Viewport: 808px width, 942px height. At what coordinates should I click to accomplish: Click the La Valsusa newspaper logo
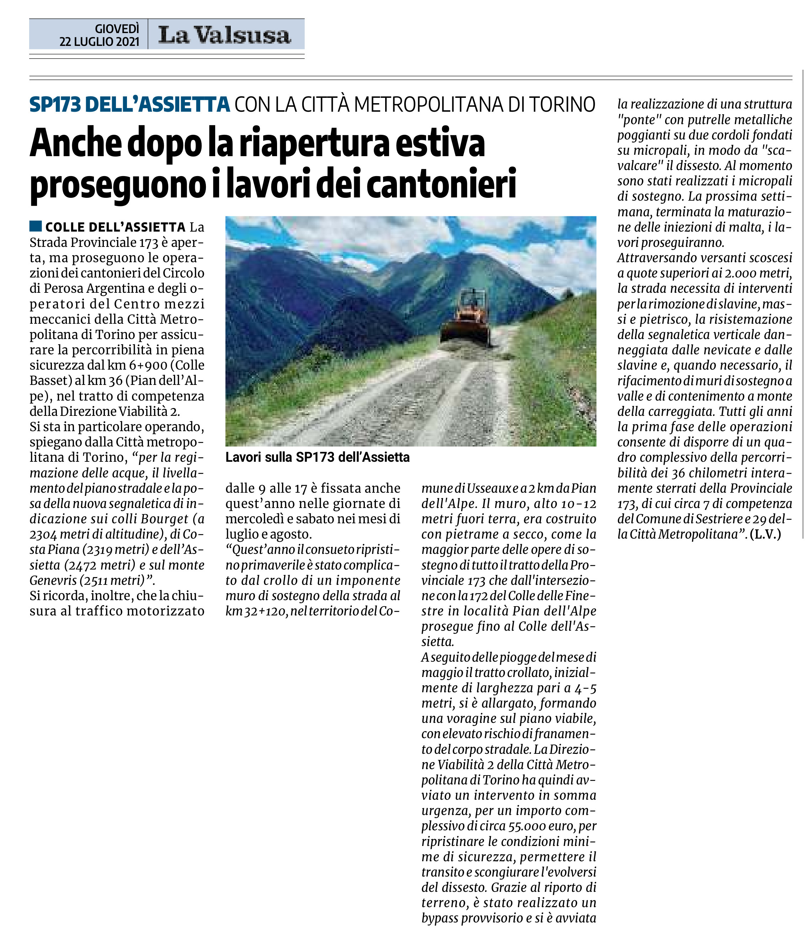224,35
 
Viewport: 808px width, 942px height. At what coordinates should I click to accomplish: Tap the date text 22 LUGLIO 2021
99,42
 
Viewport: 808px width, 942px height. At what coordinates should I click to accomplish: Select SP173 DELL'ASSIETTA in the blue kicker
130,105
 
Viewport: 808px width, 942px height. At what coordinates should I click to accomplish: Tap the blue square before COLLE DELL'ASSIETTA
36,226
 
